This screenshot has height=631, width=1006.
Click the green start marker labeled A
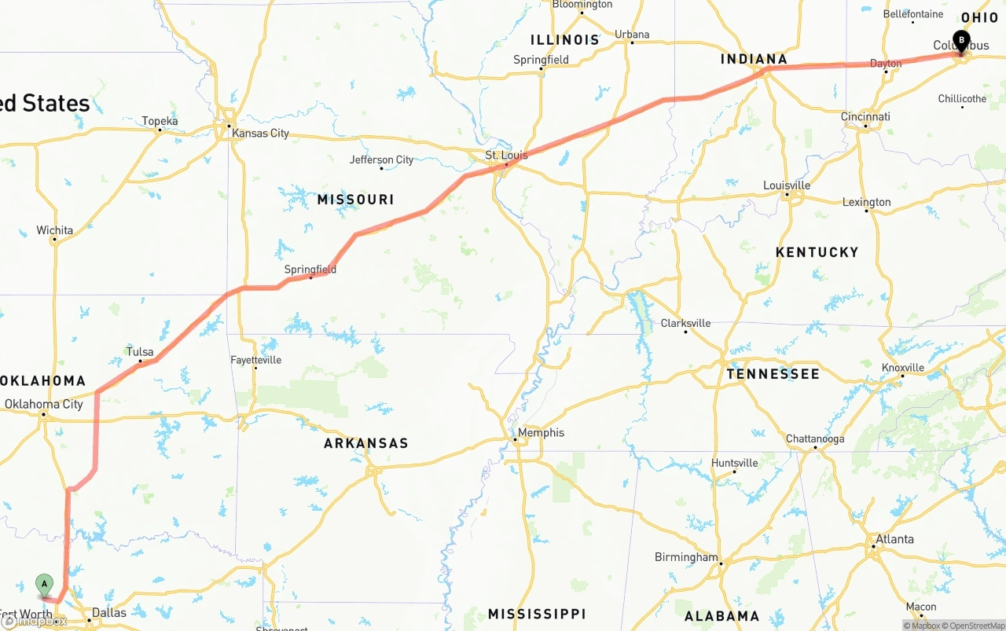coord(45,584)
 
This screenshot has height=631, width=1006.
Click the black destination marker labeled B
coord(960,39)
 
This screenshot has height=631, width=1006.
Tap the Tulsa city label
coord(140,351)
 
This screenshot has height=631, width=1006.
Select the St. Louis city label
coord(506,156)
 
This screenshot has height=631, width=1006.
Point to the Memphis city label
coord(541,432)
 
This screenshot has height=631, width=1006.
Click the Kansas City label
coord(260,133)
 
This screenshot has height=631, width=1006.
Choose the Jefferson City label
coord(381,160)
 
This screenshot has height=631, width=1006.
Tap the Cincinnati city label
coord(865,116)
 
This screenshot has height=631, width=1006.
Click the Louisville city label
coord(787,185)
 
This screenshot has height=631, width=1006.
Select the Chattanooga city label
coord(815,438)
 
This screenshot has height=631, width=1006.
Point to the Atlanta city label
coord(894,539)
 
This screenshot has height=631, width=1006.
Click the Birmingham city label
coord(686,557)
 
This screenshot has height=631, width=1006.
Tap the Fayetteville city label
coord(255,360)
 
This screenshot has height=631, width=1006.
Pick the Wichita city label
coord(54,230)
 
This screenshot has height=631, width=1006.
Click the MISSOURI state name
coord(355,200)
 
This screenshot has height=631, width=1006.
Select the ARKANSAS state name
coord(366,443)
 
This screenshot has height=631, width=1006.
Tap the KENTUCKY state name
coord(817,252)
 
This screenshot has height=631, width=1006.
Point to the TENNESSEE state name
coord(773,374)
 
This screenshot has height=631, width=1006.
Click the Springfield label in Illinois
coord(541,60)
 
